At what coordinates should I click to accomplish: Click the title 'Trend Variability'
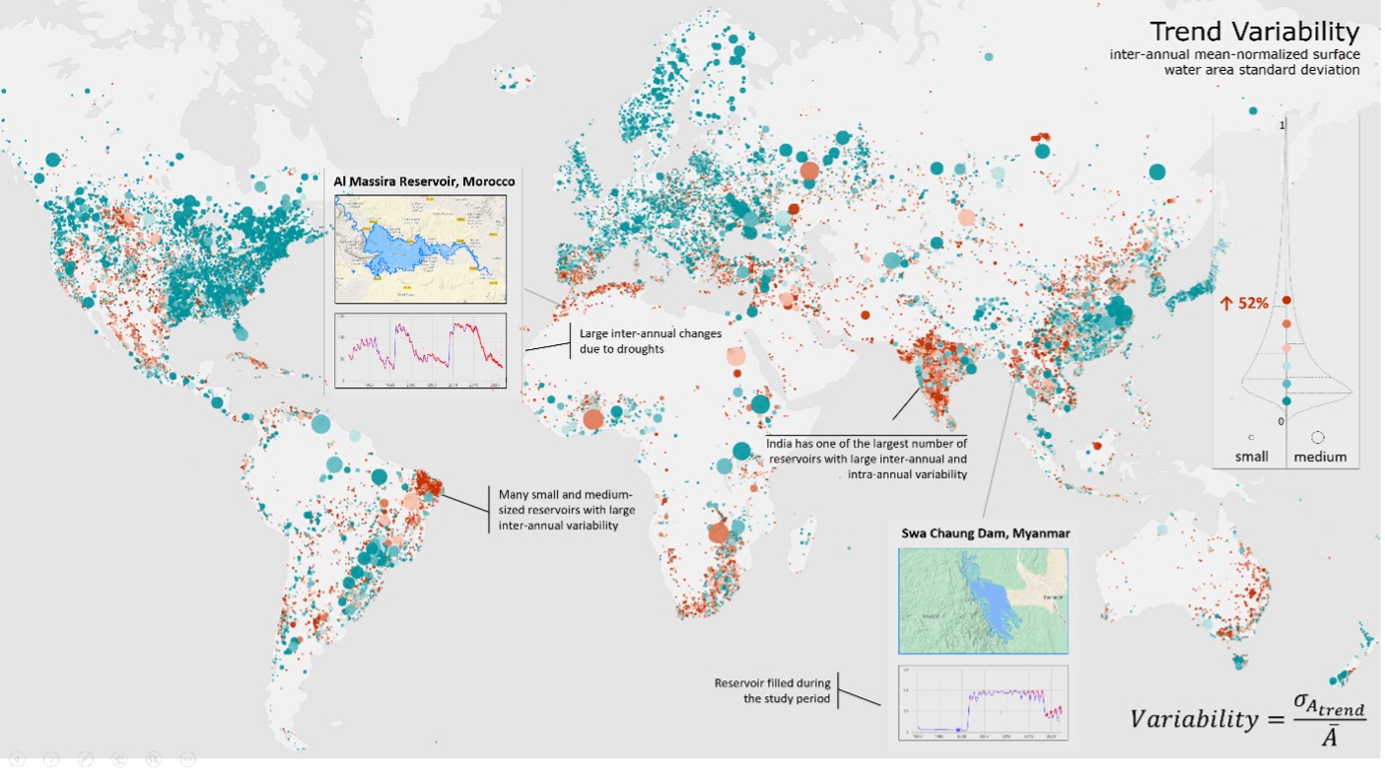[1261, 32]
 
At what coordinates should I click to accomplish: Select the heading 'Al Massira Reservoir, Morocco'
[424, 181]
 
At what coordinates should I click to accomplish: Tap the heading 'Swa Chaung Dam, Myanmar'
[985, 533]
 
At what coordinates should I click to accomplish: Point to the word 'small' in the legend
[1251, 457]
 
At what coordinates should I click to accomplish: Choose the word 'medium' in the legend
[1319, 457]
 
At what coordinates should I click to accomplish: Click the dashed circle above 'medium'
[1318, 436]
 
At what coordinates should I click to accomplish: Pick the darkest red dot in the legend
[1286, 300]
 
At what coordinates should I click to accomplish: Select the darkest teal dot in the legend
[1286, 400]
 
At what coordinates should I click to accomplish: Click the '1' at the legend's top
[1281, 125]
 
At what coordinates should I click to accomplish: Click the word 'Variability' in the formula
[1193, 718]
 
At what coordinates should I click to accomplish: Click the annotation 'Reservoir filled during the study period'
[772, 690]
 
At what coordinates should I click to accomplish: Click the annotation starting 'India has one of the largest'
[866, 459]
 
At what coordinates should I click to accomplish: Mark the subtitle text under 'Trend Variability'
[1234, 61]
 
